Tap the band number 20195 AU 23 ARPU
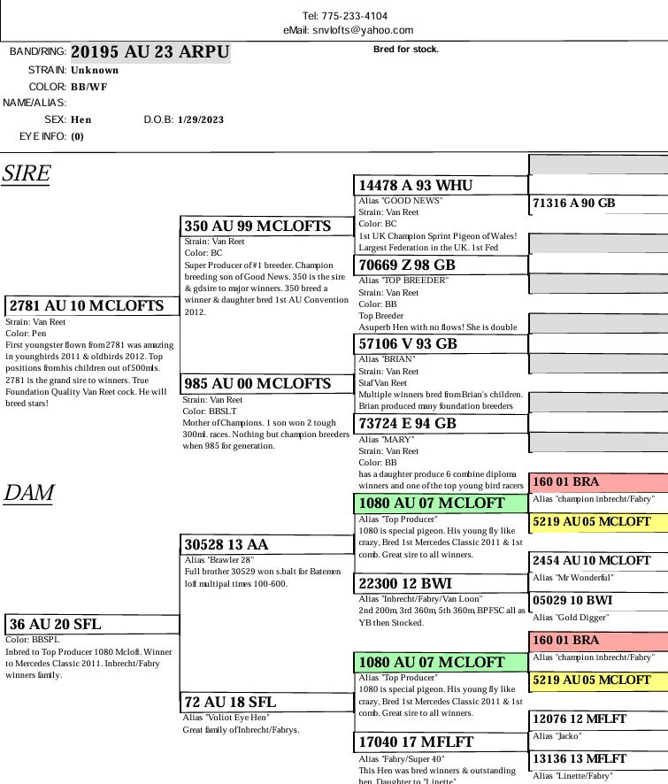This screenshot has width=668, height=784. point(150,52)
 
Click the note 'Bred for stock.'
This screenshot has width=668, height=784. point(406,50)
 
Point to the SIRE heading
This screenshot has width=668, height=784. point(27,173)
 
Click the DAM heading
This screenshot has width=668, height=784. point(28,493)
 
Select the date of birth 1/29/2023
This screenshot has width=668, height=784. point(201,119)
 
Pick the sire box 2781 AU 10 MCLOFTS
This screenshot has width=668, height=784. point(87,306)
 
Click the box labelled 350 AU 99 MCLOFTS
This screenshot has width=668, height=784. point(257,227)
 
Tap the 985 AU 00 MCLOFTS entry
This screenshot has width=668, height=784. point(257,384)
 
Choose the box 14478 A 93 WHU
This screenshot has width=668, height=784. point(416,186)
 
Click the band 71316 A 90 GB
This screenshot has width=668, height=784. point(573,204)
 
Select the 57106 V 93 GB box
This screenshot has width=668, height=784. point(408,344)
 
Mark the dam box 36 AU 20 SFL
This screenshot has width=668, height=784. point(56,625)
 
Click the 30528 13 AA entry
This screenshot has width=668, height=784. point(227,545)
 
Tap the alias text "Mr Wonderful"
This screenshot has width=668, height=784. point(573,578)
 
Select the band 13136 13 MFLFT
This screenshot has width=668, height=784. point(580,759)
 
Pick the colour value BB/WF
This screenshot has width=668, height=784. point(89,88)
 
